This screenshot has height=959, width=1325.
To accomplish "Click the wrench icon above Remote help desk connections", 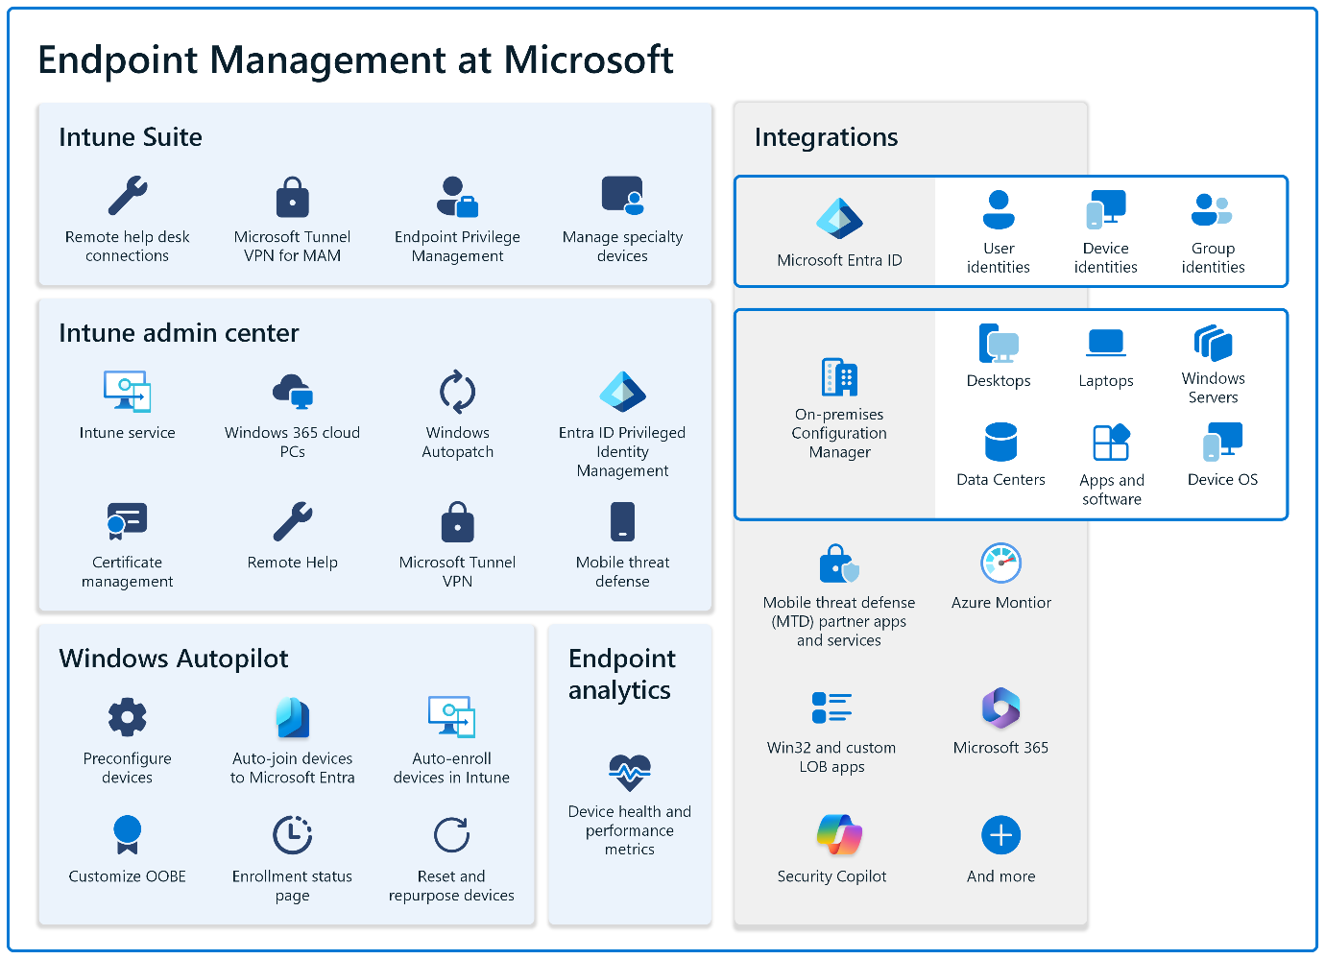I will [x=128, y=196].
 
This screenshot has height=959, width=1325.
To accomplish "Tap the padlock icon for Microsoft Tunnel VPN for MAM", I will [x=292, y=197].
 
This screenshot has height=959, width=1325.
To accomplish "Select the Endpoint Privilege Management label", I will [x=457, y=246].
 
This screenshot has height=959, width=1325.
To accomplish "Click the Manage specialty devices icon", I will [x=622, y=196].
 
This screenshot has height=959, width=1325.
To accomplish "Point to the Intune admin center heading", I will [x=179, y=333].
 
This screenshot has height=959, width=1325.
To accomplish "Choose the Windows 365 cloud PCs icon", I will [x=292, y=392].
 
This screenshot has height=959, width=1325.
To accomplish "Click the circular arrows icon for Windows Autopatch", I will [x=457, y=392].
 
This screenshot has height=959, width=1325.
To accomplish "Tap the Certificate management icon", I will [x=127, y=521].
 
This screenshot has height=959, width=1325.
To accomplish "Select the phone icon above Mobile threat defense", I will [x=622, y=522].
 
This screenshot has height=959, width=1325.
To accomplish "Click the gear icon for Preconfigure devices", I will [x=127, y=717].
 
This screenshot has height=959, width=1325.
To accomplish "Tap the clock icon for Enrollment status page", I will [x=292, y=835].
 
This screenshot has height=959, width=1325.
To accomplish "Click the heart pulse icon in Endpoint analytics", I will [x=630, y=772].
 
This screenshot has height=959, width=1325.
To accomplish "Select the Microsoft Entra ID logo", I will [x=839, y=219].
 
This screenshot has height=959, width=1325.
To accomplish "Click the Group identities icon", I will [x=1212, y=208].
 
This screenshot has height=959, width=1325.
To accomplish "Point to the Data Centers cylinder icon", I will [x=1000, y=443].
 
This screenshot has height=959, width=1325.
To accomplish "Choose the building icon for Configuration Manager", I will [x=839, y=377].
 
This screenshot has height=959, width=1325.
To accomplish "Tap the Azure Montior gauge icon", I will [x=1000, y=563].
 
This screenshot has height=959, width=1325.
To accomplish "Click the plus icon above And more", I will [x=1000, y=835].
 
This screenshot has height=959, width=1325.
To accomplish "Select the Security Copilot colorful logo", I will [x=839, y=835].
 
